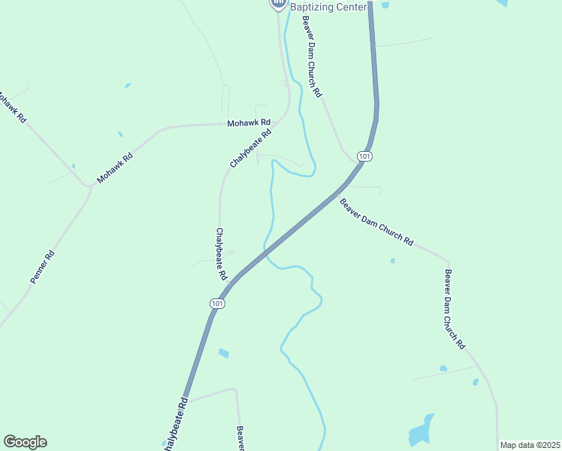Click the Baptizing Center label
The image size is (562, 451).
329,7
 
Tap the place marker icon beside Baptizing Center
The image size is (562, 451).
278,5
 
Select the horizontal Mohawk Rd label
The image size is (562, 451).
249,122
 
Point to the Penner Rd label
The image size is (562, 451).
43,267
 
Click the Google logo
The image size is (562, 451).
25,442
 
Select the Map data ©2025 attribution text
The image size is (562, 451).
530,445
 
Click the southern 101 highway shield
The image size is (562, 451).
216,304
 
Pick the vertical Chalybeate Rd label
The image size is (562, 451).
221,254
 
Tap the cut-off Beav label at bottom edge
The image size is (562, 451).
240,438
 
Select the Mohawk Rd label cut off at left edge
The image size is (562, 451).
11,108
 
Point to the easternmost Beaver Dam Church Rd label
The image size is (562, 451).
455,308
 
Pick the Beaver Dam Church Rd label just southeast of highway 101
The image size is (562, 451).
376,222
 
